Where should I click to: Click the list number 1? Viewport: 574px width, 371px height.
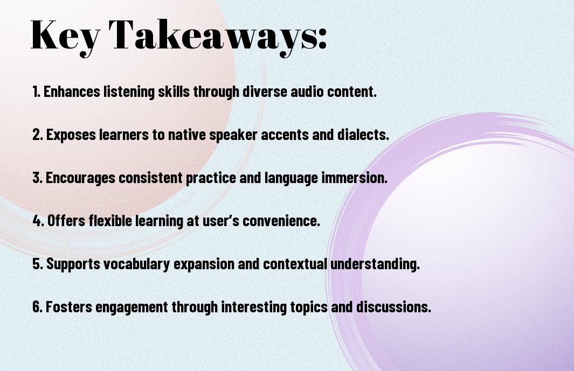(36, 92)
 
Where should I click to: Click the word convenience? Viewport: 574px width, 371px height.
(281, 221)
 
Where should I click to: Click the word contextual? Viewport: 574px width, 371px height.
(295, 264)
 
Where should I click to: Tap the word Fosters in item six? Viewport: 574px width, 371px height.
(68, 306)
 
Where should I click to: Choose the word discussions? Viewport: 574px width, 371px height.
(393, 306)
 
